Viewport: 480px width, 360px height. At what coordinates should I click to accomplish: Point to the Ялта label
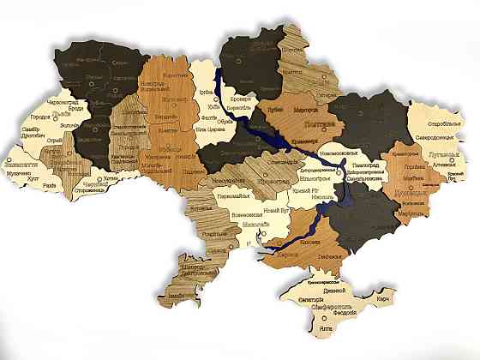point(327,327)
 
